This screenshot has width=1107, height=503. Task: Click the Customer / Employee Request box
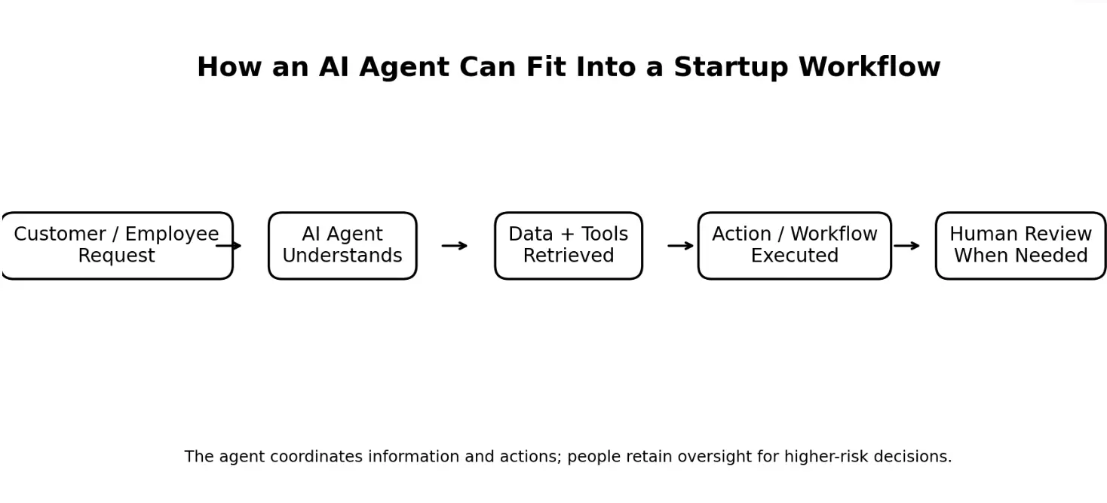pyautogui.click(x=117, y=246)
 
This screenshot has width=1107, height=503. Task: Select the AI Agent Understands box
pyautogui.click(x=342, y=246)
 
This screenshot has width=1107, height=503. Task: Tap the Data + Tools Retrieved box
pyautogui.click(x=569, y=246)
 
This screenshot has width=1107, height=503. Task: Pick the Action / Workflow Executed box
pyautogui.click(x=795, y=246)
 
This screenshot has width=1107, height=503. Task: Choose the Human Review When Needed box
pyautogui.click(x=1020, y=246)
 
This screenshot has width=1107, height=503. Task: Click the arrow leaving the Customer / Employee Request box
pyautogui.click(x=228, y=246)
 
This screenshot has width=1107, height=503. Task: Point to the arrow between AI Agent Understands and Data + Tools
pyautogui.click(x=455, y=246)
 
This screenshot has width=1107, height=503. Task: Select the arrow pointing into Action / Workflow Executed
pyautogui.click(x=680, y=246)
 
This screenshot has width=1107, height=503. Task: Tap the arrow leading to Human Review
pyautogui.click(x=907, y=246)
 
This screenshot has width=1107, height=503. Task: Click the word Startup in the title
pyautogui.click(x=731, y=67)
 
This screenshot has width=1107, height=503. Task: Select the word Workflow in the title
pyautogui.click(x=869, y=66)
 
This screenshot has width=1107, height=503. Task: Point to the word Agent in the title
pyautogui.click(x=404, y=68)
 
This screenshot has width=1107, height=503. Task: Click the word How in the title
pyautogui.click(x=228, y=66)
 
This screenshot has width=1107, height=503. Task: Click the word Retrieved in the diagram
pyautogui.click(x=569, y=256)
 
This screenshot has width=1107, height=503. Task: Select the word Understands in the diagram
pyautogui.click(x=342, y=256)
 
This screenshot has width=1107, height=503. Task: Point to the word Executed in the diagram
pyautogui.click(x=795, y=256)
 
